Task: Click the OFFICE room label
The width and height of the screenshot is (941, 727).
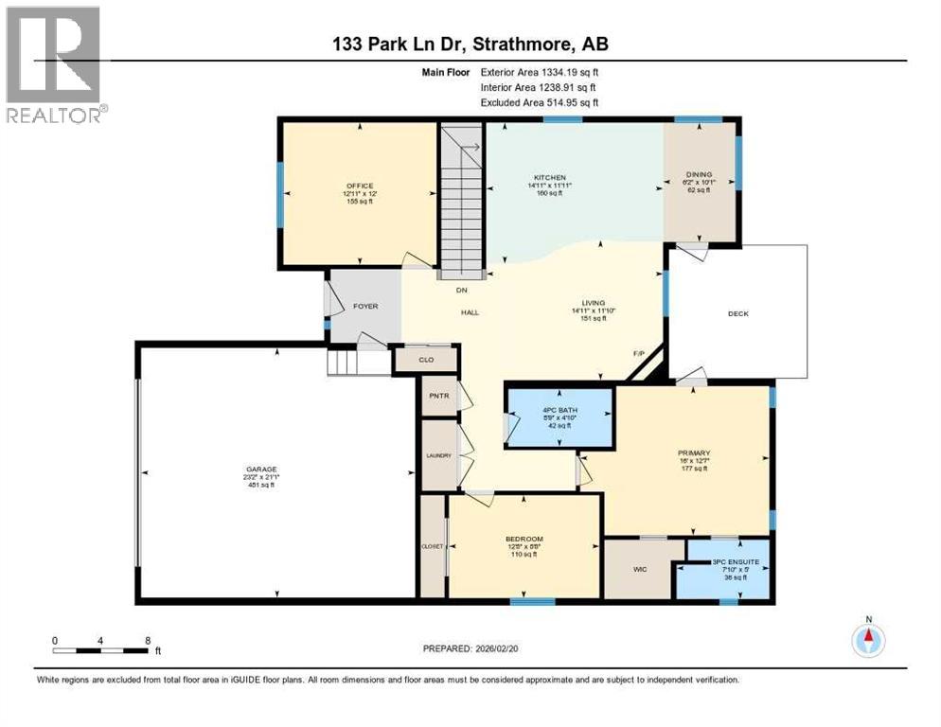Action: (x=359, y=186)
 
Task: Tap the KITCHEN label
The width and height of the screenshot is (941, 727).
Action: (x=549, y=177)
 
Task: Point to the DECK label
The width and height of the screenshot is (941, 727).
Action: (x=737, y=313)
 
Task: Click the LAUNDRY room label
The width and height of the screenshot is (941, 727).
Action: (x=438, y=455)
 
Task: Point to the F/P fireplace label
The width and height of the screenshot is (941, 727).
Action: (x=639, y=354)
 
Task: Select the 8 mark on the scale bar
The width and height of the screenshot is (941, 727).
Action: (x=147, y=640)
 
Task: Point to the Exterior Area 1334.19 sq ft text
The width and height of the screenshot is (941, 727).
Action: (x=539, y=71)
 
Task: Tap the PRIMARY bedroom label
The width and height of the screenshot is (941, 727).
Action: (x=695, y=452)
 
